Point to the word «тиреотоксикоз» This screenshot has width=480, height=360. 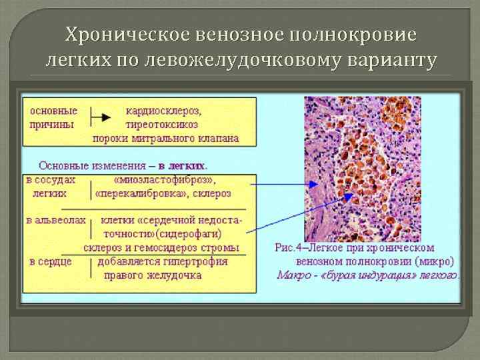[162, 125]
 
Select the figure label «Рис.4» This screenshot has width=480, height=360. [290, 247]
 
